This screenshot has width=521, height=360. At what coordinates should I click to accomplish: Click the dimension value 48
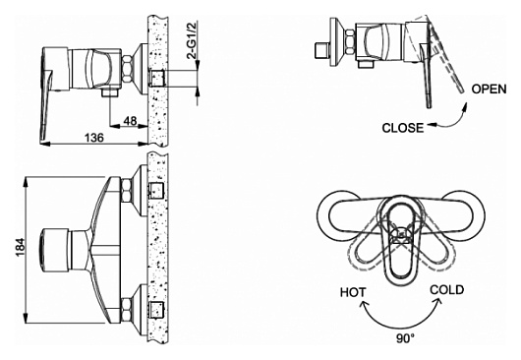click(130, 121)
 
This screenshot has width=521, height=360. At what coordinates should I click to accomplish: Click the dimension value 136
click(94, 138)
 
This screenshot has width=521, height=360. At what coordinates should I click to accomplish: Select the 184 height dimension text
click(20, 247)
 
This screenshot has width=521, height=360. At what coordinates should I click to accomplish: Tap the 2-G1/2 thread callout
click(193, 39)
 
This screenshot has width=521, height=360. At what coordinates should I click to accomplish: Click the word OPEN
click(490, 90)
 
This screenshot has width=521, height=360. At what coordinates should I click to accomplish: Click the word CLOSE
click(403, 128)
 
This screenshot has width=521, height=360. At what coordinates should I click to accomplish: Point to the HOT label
click(353, 292)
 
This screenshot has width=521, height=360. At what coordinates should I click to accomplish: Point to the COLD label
click(447, 290)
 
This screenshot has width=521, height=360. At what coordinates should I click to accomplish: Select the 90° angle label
click(405, 338)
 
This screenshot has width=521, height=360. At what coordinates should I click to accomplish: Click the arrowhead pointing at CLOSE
click(431, 125)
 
